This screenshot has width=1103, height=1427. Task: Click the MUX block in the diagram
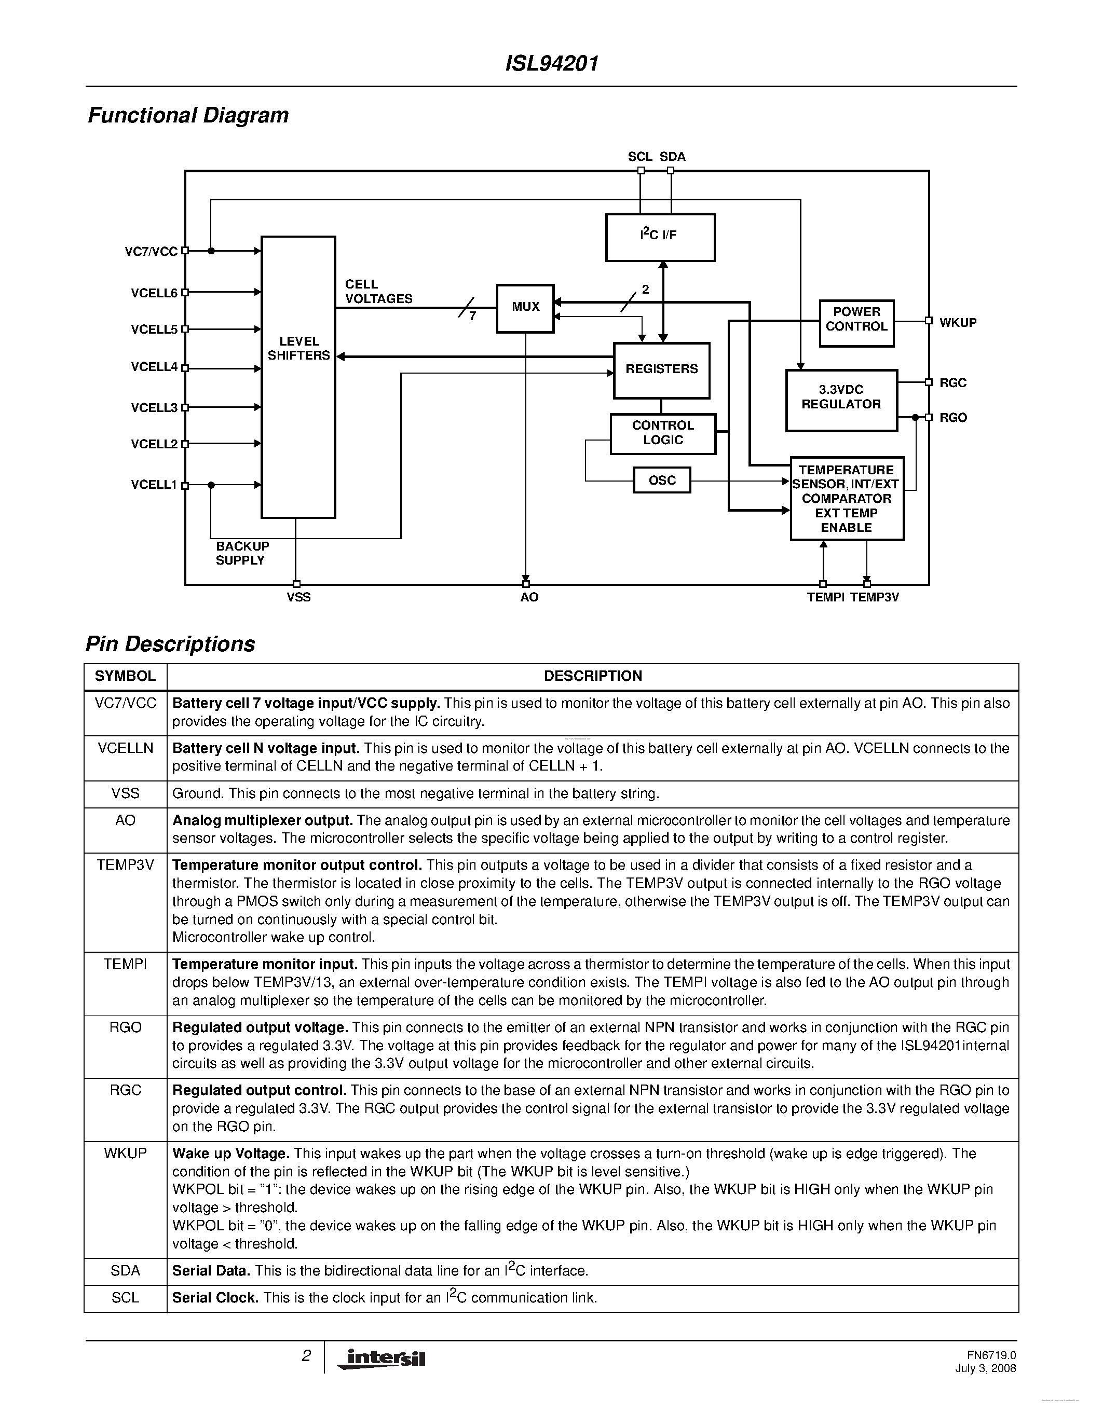coord(525,308)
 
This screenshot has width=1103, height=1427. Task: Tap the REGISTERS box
coord(661,370)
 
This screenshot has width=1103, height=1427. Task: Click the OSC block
coord(662,480)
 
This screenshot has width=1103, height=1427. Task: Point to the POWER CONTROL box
coord(856,323)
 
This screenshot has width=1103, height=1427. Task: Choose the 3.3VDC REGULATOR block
coord(841,400)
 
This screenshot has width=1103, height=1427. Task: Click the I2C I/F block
coord(660,237)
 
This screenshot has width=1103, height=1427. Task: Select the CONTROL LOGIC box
coord(663,433)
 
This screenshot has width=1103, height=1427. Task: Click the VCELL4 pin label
coord(154,367)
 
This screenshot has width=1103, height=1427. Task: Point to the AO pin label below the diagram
coord(529,598)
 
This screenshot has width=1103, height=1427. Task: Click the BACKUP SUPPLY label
coord(242,553)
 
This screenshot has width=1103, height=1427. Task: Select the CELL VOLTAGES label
coord(378,292)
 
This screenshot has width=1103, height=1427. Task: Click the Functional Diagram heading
coord(188,115)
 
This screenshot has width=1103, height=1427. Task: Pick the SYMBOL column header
coord(125,676)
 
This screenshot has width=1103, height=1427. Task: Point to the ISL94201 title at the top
coord(551,64)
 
